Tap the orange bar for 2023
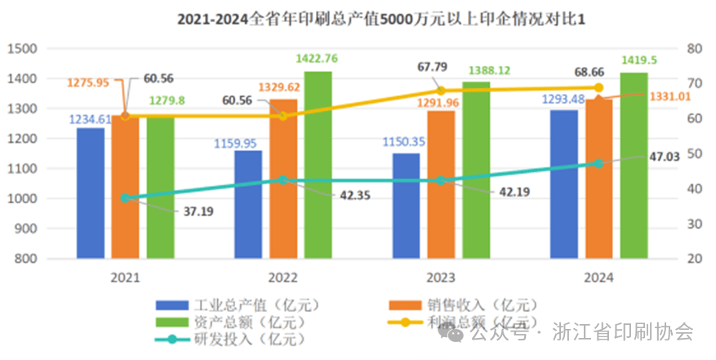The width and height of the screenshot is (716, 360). [441, 184]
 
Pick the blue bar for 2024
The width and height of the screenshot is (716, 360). [564, 184]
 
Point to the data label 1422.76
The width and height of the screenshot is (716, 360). [318, 58]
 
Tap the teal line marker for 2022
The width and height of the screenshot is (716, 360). [283, 180]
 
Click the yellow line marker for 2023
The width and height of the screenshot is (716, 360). [441, 91]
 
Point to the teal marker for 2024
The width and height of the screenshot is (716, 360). [598, 163]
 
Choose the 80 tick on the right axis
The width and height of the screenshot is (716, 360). [694, 49]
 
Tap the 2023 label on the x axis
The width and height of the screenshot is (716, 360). [441, 277]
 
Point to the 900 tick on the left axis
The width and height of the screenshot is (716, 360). [27, 229]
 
